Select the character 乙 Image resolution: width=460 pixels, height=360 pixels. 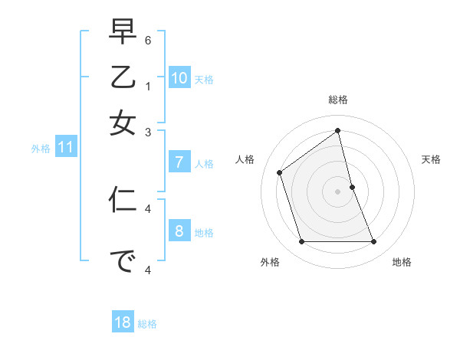(123, 79)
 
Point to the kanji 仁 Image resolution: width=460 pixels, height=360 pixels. (123, 200)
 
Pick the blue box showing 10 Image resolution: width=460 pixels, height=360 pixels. (179, 77)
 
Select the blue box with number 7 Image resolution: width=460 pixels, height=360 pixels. (179, 162)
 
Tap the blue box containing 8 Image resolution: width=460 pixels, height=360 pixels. (179, 231)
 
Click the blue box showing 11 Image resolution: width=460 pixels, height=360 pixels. (65, 148)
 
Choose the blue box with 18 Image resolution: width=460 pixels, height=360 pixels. (123, 322)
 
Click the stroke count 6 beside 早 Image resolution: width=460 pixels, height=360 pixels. (148, 39)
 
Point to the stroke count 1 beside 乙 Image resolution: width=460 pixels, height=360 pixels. (148, 86)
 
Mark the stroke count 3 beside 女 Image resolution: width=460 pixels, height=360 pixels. (148, 133)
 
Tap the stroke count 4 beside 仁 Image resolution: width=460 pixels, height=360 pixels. (148, 208)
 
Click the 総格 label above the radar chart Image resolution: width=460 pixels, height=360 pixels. (338, 100)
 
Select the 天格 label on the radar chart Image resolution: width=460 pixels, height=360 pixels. (431, 159)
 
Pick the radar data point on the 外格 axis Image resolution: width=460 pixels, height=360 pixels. (301, 242)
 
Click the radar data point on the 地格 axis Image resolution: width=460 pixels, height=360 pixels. (374, 242)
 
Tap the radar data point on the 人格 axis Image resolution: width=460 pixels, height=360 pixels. (280, 172)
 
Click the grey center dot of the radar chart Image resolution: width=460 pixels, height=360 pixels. (338, 191)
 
